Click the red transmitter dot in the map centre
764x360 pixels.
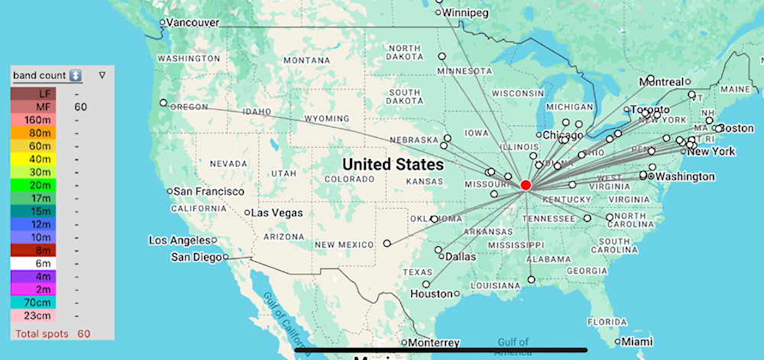526,185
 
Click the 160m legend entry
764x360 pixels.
33,121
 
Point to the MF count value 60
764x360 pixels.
80,107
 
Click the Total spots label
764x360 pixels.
43,334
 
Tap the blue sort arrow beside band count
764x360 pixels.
75,76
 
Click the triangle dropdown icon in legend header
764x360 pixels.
102,76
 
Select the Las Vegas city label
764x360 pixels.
277,212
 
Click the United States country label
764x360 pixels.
393,164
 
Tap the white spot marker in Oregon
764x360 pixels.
163,102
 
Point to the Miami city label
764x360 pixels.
637,342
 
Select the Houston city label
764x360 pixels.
432,294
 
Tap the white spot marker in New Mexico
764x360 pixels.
387,243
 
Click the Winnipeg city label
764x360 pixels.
468,13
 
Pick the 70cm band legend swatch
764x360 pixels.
33,301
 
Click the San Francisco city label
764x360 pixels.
209,190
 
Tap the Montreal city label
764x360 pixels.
662,82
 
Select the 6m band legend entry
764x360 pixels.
33,262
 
